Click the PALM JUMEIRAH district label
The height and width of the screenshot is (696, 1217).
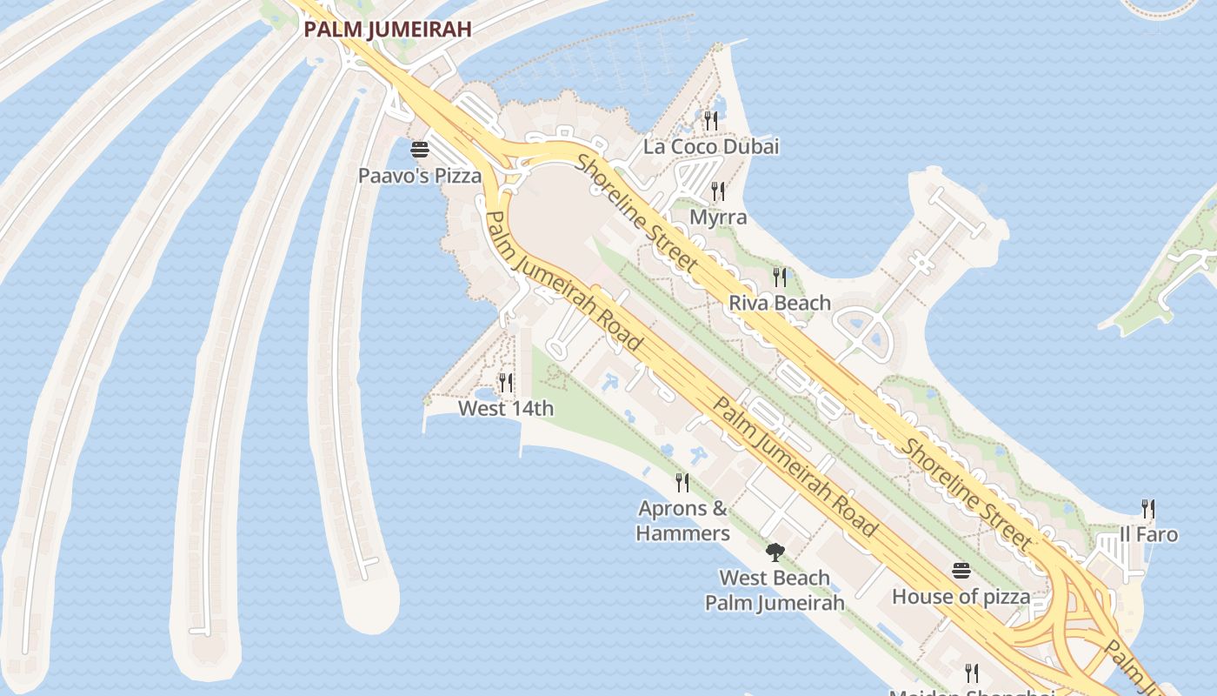(388, 29)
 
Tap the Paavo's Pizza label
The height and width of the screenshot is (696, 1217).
(420, 176)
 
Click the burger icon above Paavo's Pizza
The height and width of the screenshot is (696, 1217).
(420, 150)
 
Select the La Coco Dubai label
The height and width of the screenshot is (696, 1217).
(711, 146)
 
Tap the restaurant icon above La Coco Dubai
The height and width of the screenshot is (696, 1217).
(711, 120)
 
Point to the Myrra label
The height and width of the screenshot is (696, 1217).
(718, 217)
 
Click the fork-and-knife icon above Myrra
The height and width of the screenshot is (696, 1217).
(718, 191)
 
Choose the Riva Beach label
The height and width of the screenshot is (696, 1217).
(780, 303)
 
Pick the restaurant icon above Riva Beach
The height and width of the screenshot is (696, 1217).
(780, 278)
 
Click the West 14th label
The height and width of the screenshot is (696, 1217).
(506, 408)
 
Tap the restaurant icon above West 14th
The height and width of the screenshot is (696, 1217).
(506, 382)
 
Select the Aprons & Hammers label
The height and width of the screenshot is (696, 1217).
(683, 520)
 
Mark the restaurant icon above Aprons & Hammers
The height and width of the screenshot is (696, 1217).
(682, 482)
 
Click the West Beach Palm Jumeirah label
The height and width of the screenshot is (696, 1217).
(775, 590)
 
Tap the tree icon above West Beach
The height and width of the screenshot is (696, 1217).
(775, 552)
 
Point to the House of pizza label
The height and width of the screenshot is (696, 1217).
(961, 597)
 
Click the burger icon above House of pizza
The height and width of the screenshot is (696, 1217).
(961, 571)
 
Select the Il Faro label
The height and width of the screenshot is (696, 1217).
(1148, 534)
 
